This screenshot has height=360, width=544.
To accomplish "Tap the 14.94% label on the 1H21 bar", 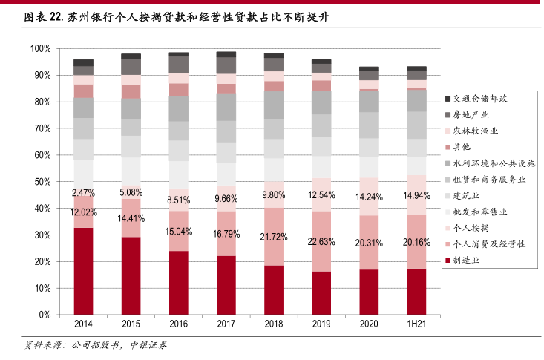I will pyautogui.click(x=417, y=195).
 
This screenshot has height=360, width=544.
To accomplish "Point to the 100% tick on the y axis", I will pyautogui.click(x=40, y=49).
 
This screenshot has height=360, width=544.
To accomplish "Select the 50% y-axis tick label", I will pyautogui.click(x=42, y=182).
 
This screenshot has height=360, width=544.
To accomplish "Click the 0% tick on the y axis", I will pyautogui.click(x=45, y=315).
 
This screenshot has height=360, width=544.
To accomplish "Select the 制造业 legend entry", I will pyautogui.click(x=475, y=261).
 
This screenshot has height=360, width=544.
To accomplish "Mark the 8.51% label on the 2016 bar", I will pyautogui.click(x=178, y=200).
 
